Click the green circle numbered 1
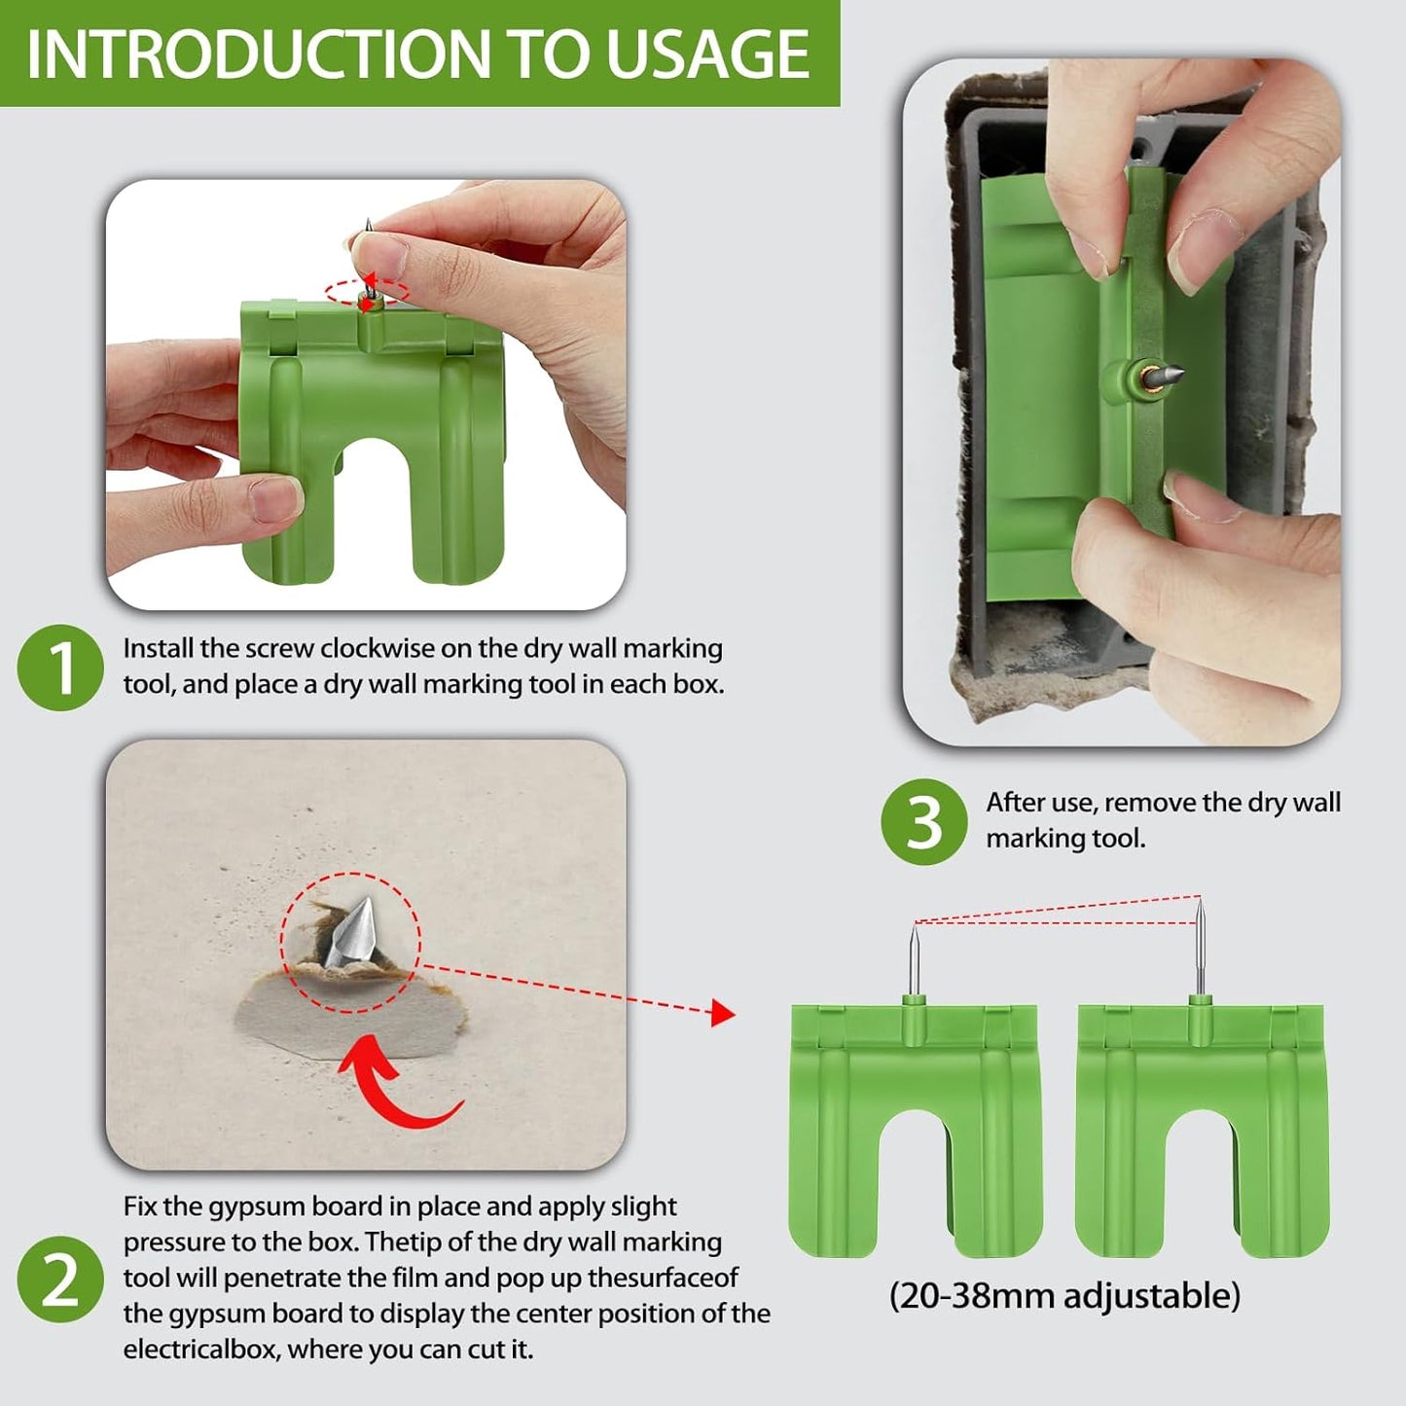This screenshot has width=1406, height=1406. pos(60,667)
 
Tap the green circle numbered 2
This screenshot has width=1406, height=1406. pos(60,1279)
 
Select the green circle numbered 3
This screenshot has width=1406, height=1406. pos(923,822)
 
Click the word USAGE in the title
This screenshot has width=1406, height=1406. pos(707,54)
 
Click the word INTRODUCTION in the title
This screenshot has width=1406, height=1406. pos(259,54)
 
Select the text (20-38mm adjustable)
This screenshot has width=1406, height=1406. pos(1064,1295)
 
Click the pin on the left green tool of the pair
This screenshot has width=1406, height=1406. pos(914,959)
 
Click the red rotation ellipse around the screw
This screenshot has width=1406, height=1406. pos(367,292)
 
